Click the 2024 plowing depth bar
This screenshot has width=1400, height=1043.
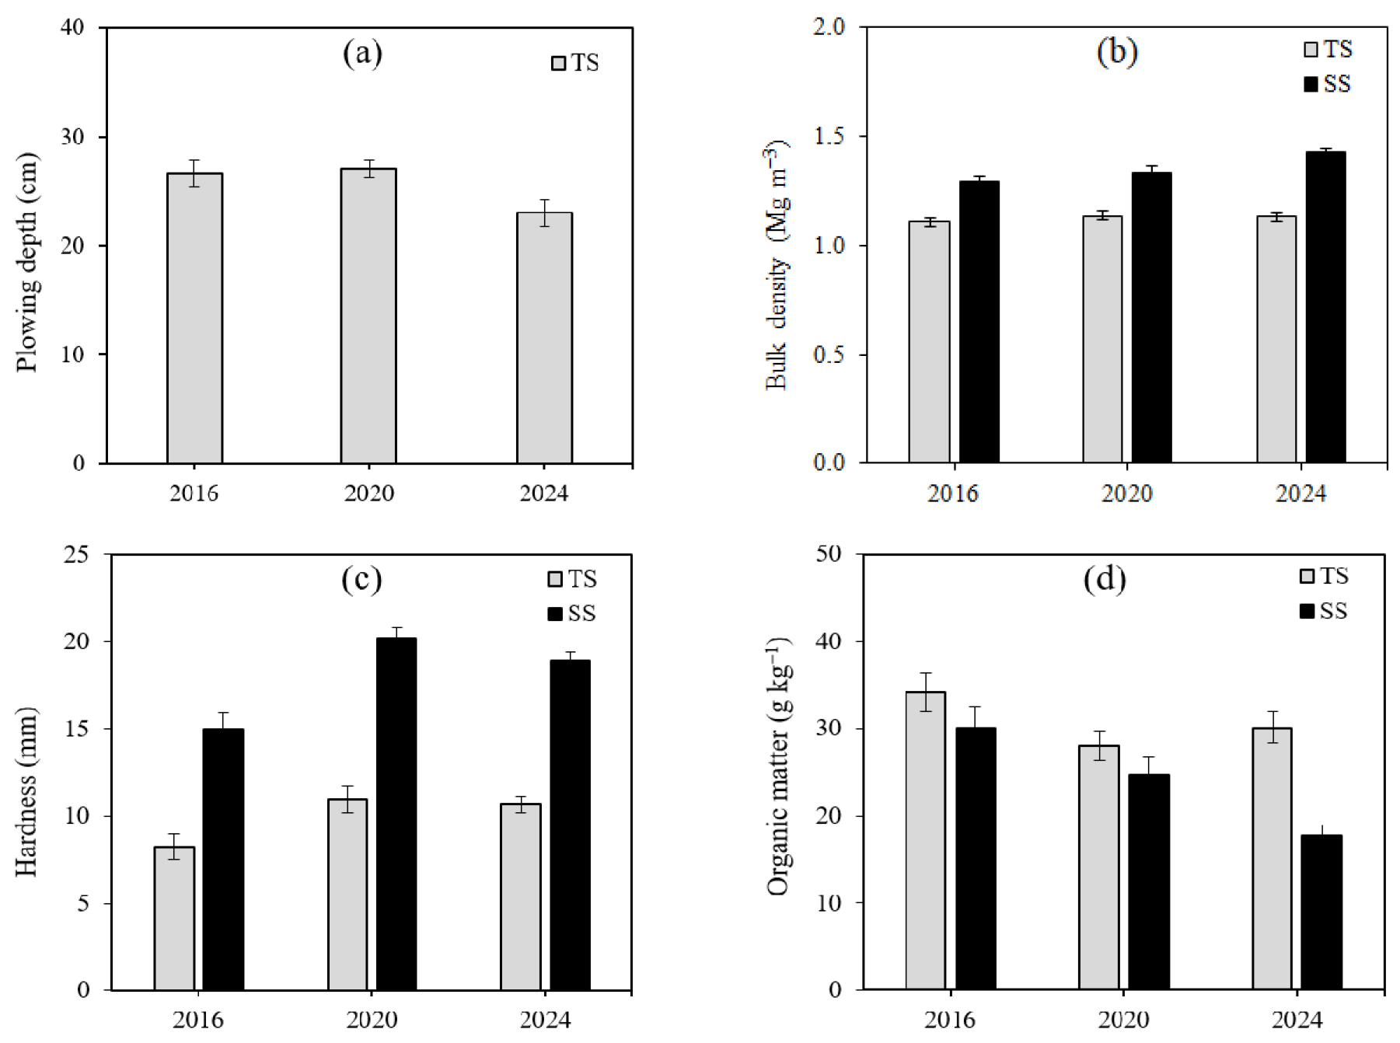point(544,338)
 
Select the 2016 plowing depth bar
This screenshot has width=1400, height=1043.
point(194,319)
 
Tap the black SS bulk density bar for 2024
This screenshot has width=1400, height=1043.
point(1325,307)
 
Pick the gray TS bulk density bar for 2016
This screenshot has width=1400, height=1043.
point(929,342)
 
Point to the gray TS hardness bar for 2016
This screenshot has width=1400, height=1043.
point(174,918)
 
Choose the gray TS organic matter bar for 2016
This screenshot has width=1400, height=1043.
point(925,840)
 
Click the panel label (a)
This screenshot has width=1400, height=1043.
point(362,54)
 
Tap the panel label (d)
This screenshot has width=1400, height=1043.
point(1105,579)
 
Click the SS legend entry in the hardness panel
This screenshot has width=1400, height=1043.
point(572,613)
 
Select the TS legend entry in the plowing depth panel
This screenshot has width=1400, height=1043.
point(575,63)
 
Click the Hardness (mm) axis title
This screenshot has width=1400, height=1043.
point(26,791)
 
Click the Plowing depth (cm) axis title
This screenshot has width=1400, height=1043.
point(26,262)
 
